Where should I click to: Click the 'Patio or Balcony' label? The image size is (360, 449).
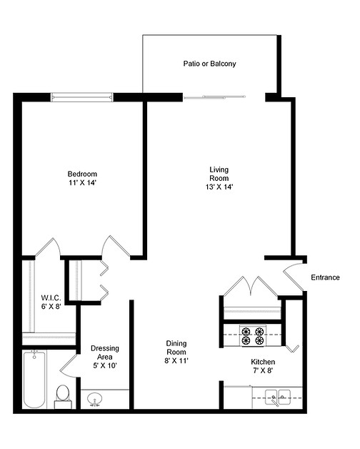pyautogui.click(x=209, y=64)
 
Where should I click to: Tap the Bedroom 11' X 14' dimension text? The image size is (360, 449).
pyautogui.click(x=82, y=183)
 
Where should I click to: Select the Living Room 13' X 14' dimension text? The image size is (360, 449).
pyautogui.click(x=219, y=187)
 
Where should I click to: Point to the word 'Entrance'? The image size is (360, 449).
pyautogui.click(x=325, y=277)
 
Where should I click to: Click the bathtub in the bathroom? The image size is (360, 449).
pyautogui.click(x=34, y=379)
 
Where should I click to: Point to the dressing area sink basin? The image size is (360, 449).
pyautogui.click(x=95, y=399)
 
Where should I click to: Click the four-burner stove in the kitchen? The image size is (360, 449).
pyautogui.click(x=254, y=335)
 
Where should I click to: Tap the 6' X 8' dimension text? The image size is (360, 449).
pyautogui.click(x=50, y=307)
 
